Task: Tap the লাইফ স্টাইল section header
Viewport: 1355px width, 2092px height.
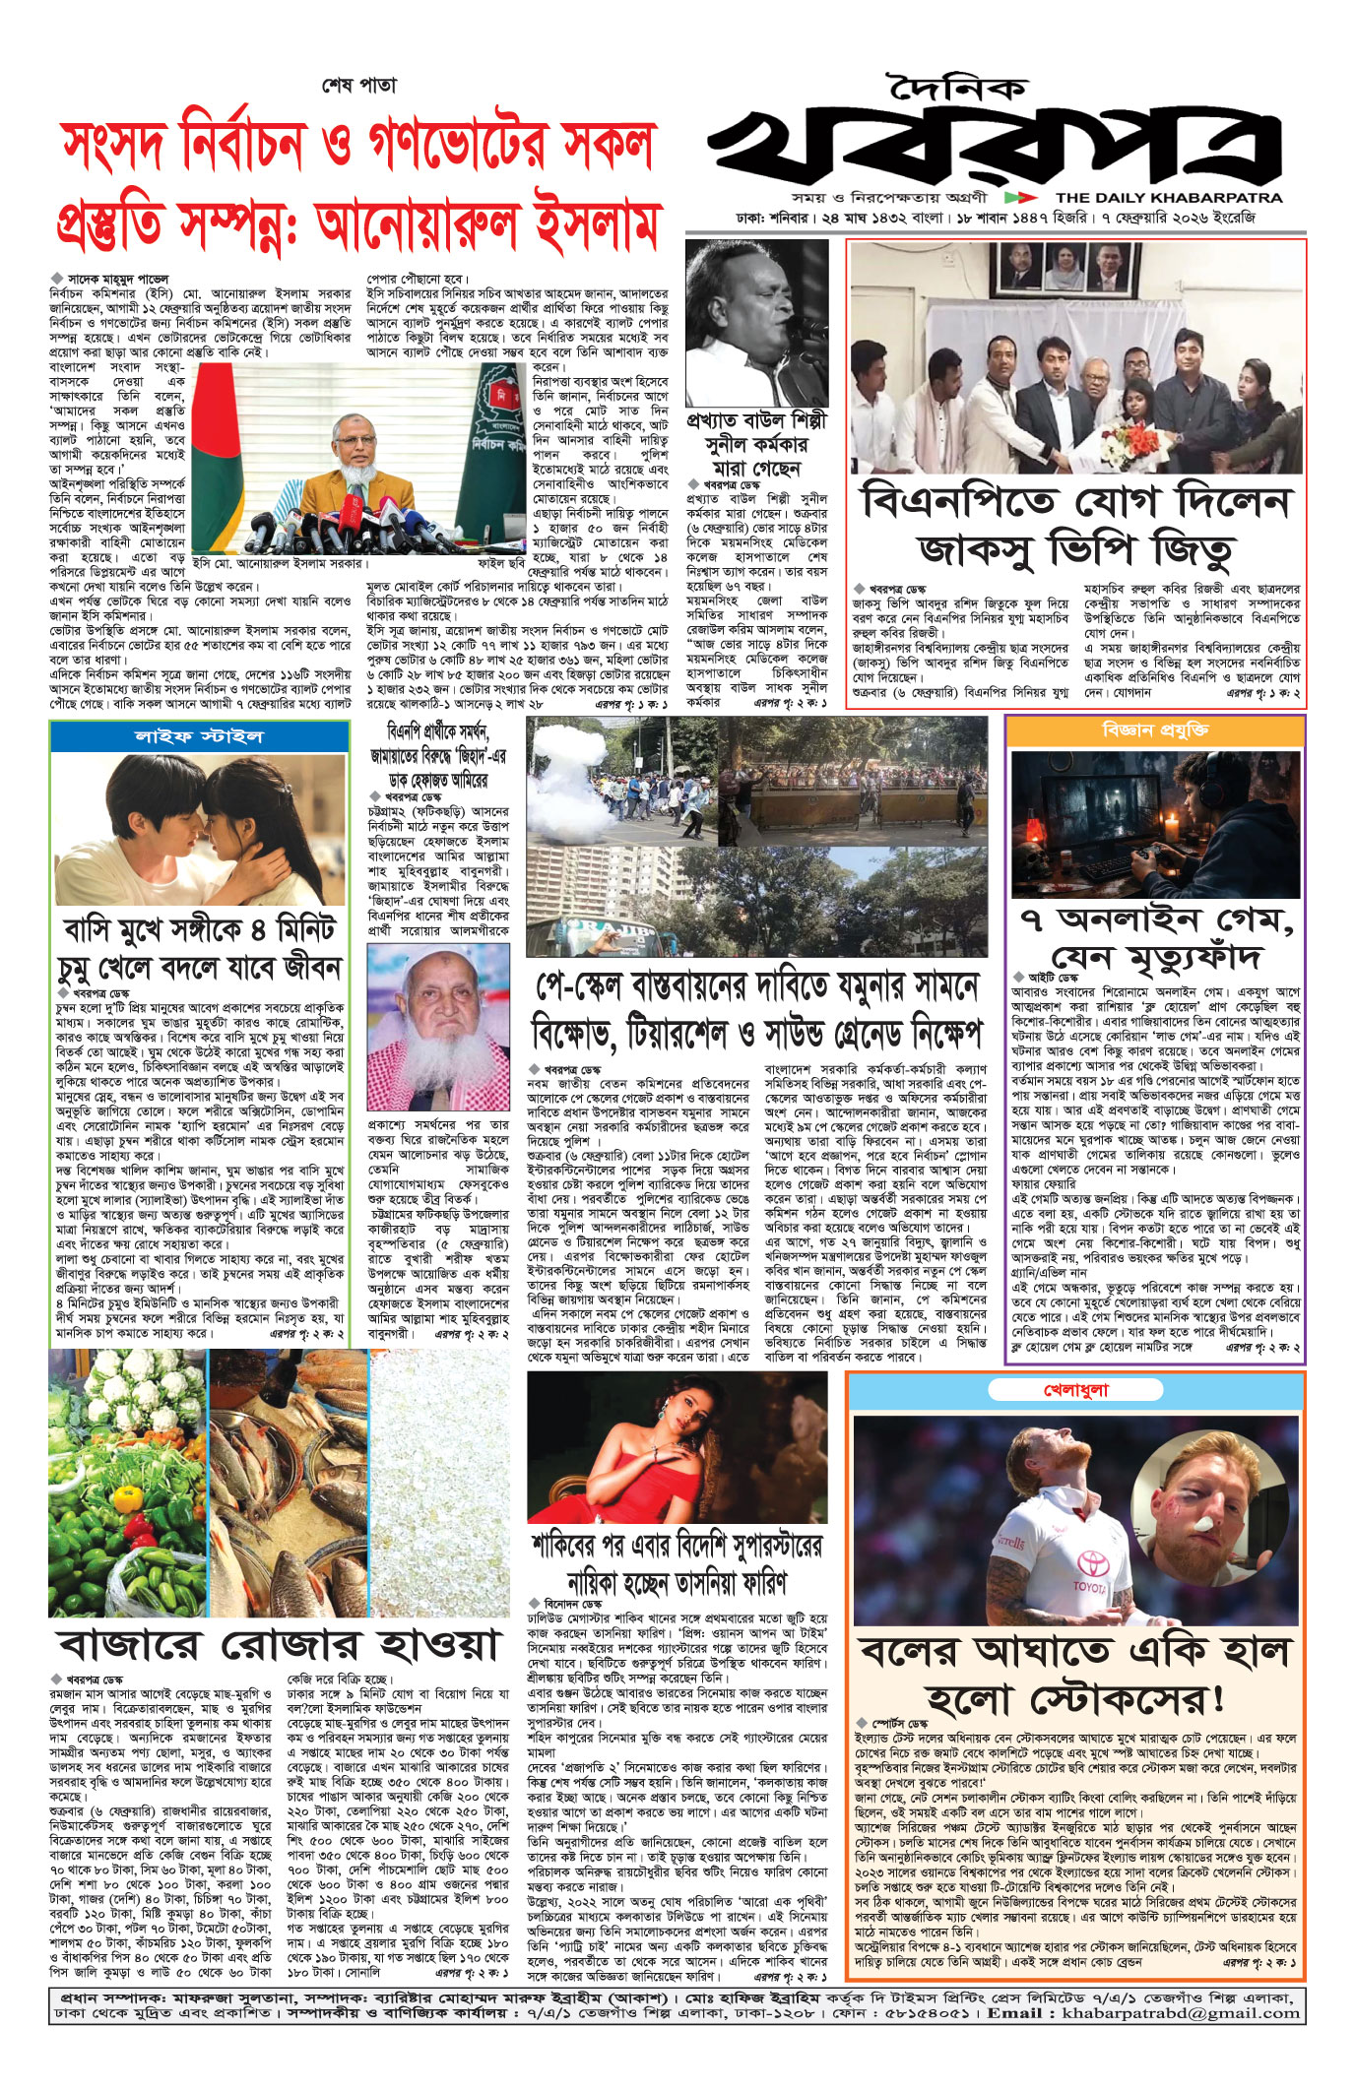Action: (x=199, y=736)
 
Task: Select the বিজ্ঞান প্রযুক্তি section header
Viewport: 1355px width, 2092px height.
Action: (x=1155, y=730)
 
